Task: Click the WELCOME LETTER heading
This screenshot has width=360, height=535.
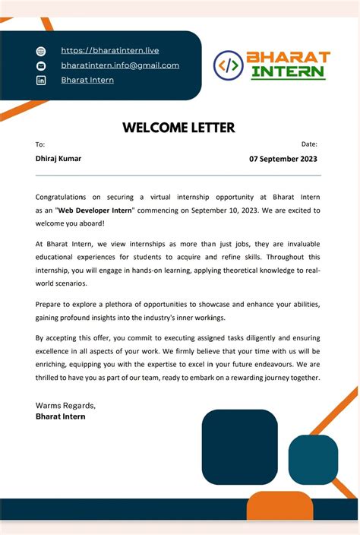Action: pyautogui.click(x=178, y=128)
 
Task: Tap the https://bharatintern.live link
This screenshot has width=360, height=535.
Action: pyautogui.click(x=110, y=50)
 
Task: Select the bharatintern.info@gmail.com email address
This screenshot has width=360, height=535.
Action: pyautogui.click(x=120, y=65)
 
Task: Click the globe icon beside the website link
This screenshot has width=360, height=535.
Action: pyautogui.click(x=41, y=51)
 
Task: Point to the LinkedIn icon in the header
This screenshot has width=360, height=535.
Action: pyautogui.click(x=41, y=81)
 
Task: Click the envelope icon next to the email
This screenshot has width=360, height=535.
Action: pyautogui.click(x=41, y=66)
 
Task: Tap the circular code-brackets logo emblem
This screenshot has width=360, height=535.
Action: pyautogui.click(x=228, y=65)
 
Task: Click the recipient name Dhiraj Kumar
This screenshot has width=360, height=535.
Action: pyautogui.click(x=58, y=159)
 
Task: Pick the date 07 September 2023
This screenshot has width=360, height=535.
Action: pyautogui.click(x=283, y=160)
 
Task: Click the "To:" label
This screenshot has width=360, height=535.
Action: pyautogui.click(x=40, y=144)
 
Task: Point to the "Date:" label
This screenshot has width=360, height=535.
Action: pyautogui.click(x=309, y=144)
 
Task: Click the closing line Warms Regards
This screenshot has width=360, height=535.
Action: pyautogui.click(x=65, y=405)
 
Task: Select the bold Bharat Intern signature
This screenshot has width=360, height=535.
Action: pyautogui.click(x=61, y=416)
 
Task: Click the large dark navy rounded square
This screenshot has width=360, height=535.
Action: pyautogui.click(x=239, y=447)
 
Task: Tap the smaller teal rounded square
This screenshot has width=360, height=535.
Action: pyautogui.click(x=313, y=460)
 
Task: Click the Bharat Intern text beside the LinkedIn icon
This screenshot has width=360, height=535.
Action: pyautogui.click(x=87, y=80)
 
